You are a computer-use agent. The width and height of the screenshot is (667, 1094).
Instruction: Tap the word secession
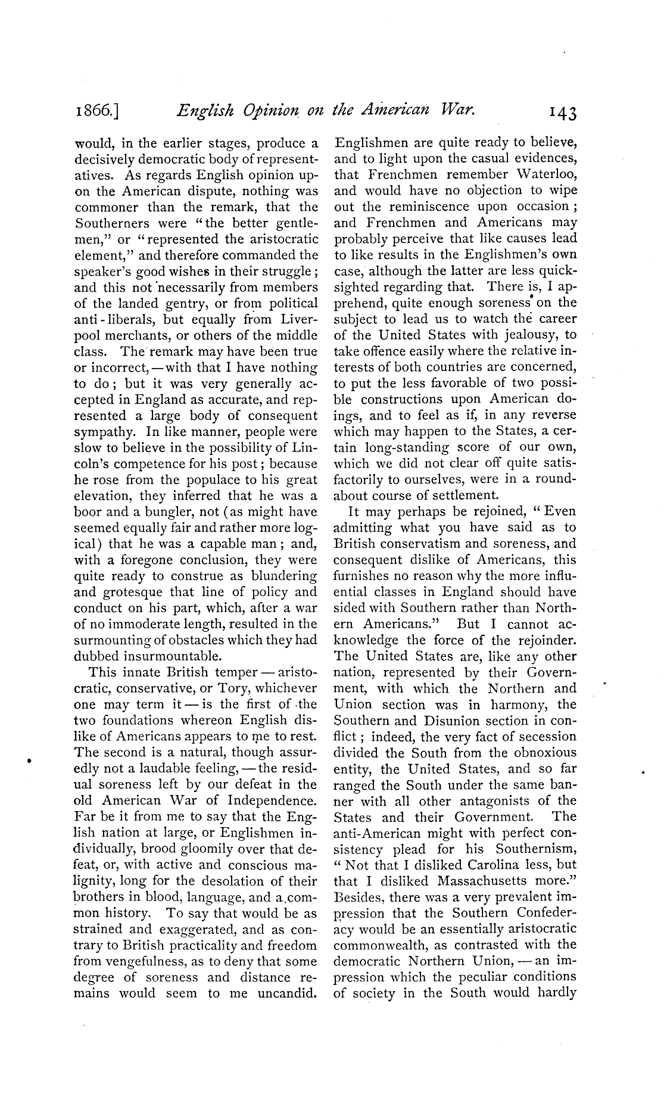pyautogui.click(x=543, y=737)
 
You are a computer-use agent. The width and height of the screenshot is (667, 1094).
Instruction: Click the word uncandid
pyautogui.click(x=287, y=993)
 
